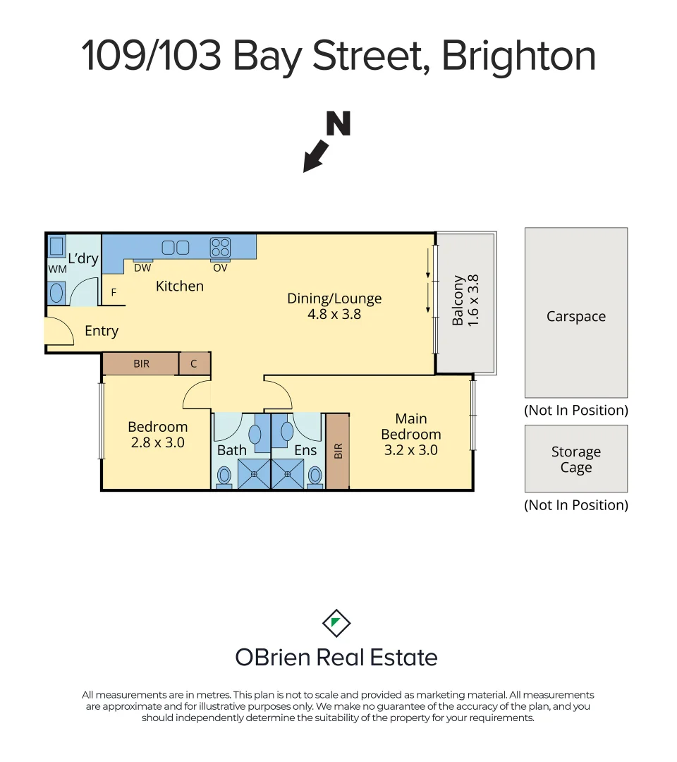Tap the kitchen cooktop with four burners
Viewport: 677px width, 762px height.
pos(220,248)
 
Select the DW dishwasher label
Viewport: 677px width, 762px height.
pos(142,268)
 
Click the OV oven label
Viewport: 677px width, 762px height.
pos(220,268)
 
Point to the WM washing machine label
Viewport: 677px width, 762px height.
pos(57,270)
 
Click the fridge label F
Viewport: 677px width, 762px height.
pos(114,292)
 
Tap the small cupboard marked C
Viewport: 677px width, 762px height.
pos(195,364)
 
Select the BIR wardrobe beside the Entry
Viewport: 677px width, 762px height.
pos(141,364)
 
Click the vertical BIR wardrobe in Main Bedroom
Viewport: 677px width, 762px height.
pos(338,451)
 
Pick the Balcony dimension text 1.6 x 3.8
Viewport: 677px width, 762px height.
pos(474,300)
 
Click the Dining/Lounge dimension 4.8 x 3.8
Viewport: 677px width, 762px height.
pos(334,314)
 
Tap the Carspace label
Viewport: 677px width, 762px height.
pos(575,317)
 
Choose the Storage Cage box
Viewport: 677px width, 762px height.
pos(575,459)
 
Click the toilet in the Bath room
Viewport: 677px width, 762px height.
pos(224,476)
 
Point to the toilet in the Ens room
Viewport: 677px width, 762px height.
pos(315,476)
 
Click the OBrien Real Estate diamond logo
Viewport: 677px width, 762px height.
pos(336,623)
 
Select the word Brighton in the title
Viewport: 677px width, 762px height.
pos(518,56)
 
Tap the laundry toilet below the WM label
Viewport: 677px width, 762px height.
pos(57,291)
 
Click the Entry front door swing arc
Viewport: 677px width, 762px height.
pos(61,331)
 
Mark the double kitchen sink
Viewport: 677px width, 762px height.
pos(176,248)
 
